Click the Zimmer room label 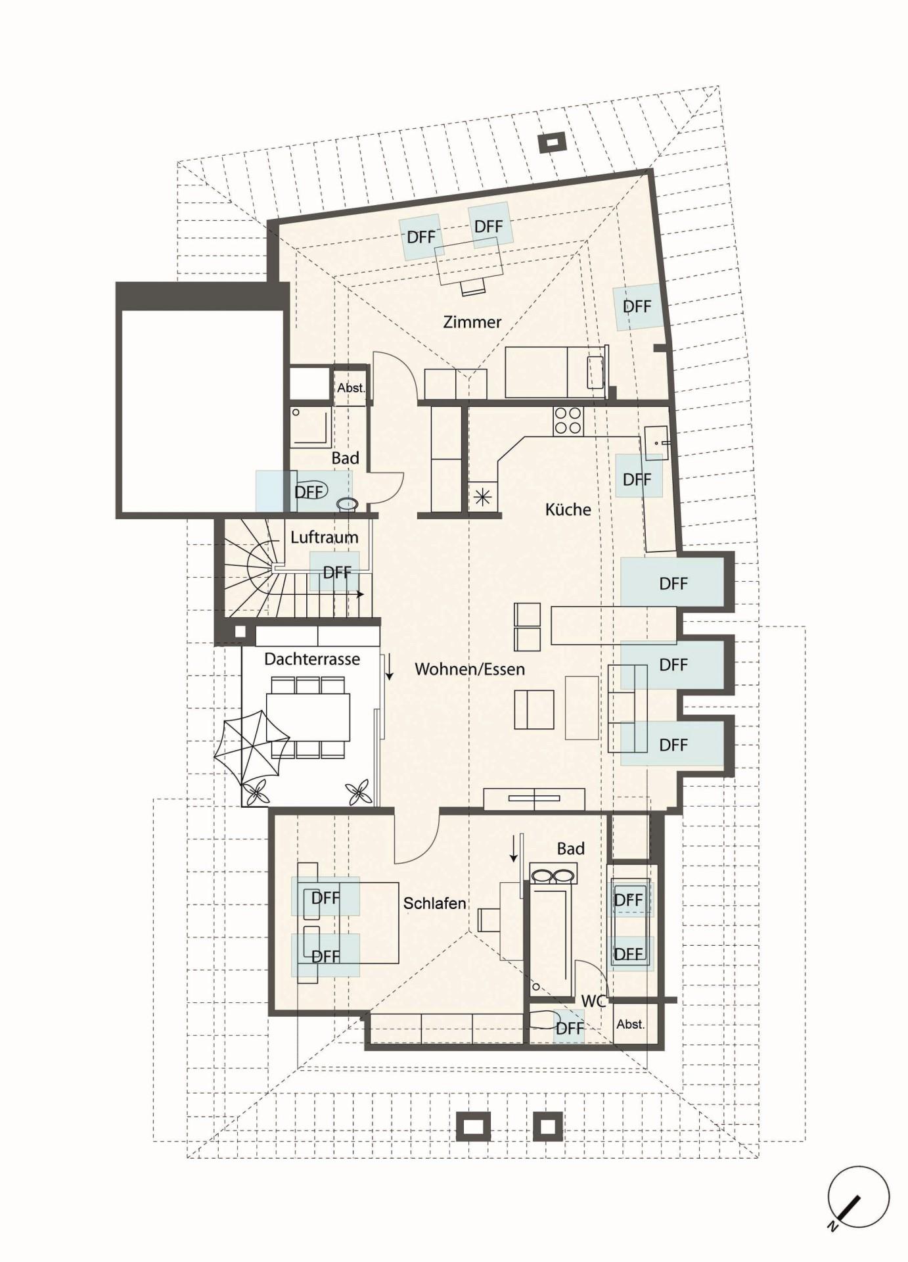point(472,322)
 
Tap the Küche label point(568,509)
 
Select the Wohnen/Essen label point(470,669)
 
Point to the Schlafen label point(434,903)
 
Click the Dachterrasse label point(312,659)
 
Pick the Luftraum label point(325,537)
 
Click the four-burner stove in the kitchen point(568,421)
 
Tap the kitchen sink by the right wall point(656,442)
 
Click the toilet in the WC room point(543,1019)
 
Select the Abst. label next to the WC point(631,1024)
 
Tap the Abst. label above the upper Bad point(351,388)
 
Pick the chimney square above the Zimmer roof point(552,142)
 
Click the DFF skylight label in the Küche point(637,480)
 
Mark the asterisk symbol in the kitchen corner point(483,498)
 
